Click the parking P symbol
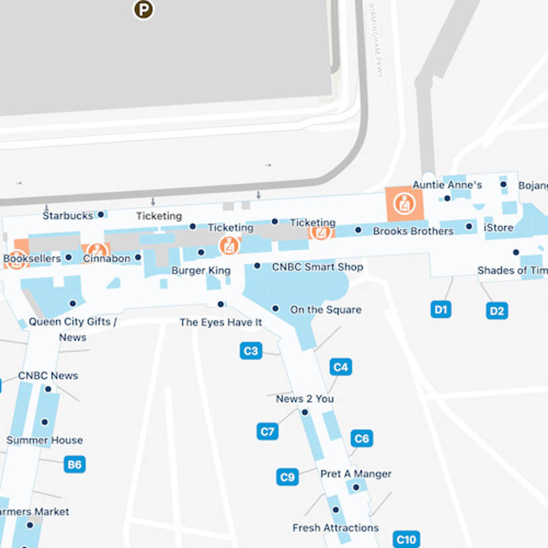click(143, 9)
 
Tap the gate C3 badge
click(251, 351)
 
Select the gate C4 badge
click(340, 367)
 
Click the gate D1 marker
click(441, 309)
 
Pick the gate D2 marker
click(497, 310)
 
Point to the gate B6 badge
click(75, 465)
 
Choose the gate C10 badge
click(406, 539)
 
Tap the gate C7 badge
click(267, 432)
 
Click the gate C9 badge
click(287, 477)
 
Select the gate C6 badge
click(361, 438)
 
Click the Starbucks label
click(68, 216)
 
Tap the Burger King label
click(201, 270)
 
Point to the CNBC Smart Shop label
click(318, 267)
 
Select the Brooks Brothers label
click(413, 231)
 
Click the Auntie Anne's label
click(447, 185)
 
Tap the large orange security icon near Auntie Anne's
click(404, 203)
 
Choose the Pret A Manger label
click(355, 474)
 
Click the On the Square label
click(326, 309)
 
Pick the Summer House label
click(44, 440)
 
